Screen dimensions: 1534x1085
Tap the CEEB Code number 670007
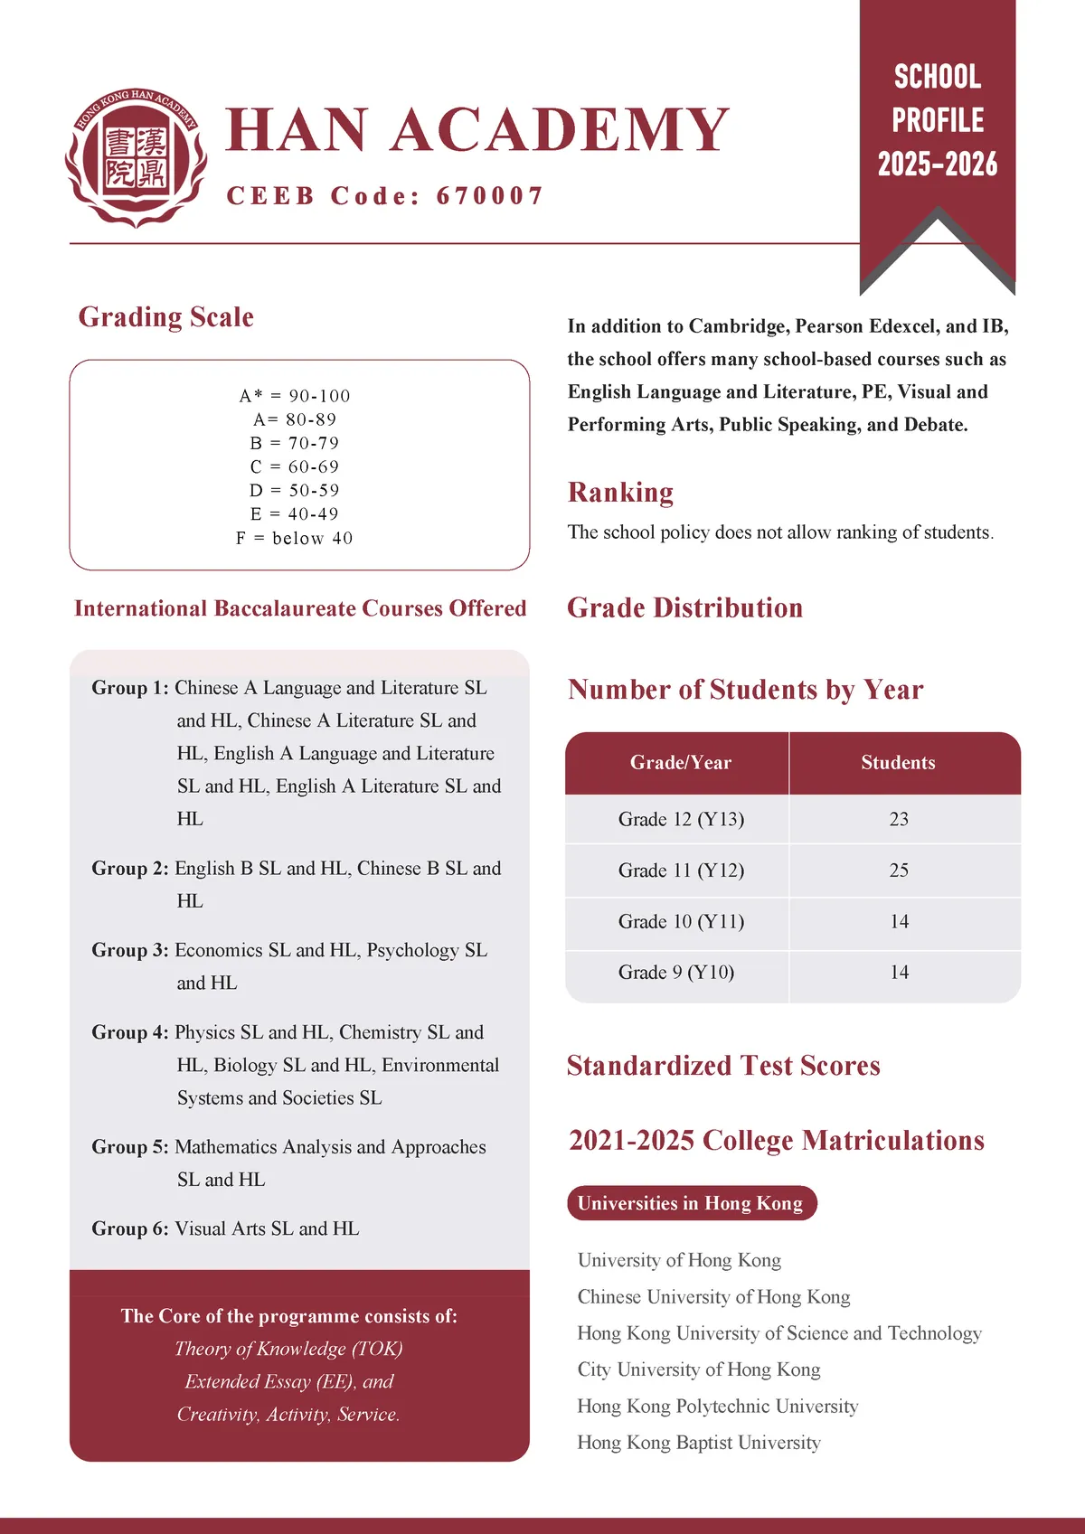490,196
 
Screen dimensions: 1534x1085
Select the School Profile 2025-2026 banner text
938,120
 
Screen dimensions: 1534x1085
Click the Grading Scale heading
165,317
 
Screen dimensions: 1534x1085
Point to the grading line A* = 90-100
295,396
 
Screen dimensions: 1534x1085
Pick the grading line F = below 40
295,538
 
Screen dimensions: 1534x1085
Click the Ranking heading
620,493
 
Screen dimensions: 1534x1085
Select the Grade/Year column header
680,763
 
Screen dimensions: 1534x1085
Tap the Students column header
898,763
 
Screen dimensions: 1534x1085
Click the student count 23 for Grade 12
899,819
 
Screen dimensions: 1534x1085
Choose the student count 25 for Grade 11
899,871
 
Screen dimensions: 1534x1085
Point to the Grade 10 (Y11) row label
681,922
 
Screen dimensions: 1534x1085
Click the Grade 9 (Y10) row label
676,973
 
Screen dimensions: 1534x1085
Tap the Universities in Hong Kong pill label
691,1203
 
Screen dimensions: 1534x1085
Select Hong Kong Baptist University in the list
699,1443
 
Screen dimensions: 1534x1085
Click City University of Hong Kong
699,1369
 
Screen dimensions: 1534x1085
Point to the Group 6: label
130,1228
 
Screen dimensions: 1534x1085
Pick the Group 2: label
130,869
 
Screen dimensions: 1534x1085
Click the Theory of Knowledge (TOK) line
288,1349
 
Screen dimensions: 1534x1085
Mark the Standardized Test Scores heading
723,1066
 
